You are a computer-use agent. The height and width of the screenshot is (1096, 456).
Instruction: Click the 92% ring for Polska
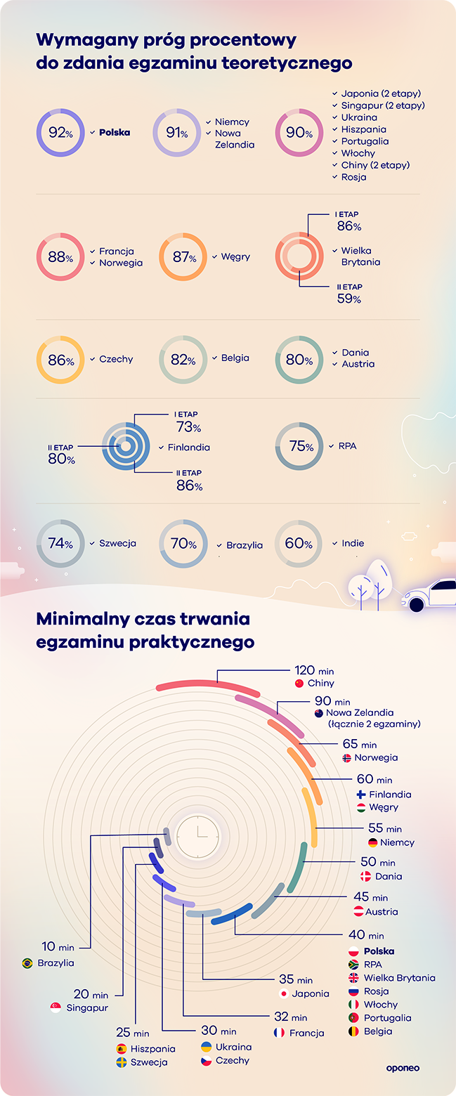(x=60, y=132)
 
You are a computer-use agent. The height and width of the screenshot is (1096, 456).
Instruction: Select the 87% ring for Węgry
(x=183, y=257)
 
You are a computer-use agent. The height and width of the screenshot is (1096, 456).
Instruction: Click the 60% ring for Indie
(x=299, y=543)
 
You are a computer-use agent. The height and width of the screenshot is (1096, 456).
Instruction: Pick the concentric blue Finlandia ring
(x=126, y=446)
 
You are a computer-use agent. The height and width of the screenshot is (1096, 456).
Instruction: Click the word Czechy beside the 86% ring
(x=116, y=359)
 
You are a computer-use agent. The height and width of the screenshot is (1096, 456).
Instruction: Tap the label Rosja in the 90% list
(x=353, y=177)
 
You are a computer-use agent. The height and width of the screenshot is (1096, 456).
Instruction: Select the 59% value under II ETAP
(x=348, y=299)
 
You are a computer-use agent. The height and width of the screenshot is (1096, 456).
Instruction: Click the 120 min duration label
(x=313, y=671)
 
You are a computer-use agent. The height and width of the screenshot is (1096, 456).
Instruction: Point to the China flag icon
(x=299, y=684)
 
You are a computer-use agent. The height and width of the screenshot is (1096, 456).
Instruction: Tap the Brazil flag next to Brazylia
(x=27, y=963)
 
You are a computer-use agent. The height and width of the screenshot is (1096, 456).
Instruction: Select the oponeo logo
(x=403, y=1069)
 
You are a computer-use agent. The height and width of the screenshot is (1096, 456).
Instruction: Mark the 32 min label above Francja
(x=290, y=1017)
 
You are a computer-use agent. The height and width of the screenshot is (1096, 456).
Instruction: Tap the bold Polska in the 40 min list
(x=379, y=951)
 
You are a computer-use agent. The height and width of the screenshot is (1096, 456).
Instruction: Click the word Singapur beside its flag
(x=88, y=1007)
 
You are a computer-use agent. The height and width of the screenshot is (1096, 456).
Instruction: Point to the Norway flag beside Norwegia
(x=347, y=758)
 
